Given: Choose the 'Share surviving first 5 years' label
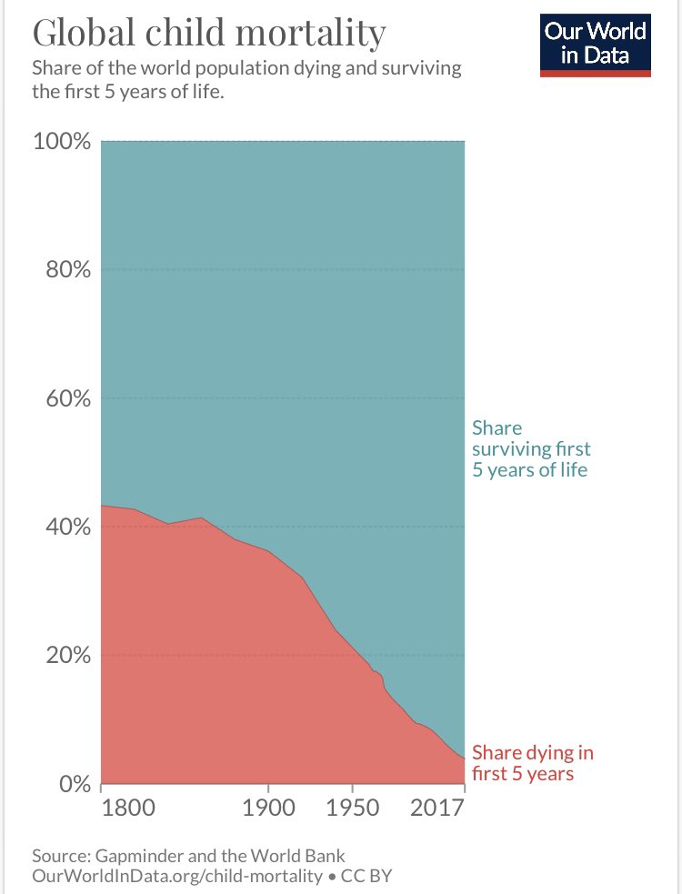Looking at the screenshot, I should (531, 449).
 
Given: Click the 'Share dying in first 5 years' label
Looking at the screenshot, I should (533, 763).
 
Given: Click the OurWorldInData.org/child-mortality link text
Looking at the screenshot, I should (176, 876).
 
